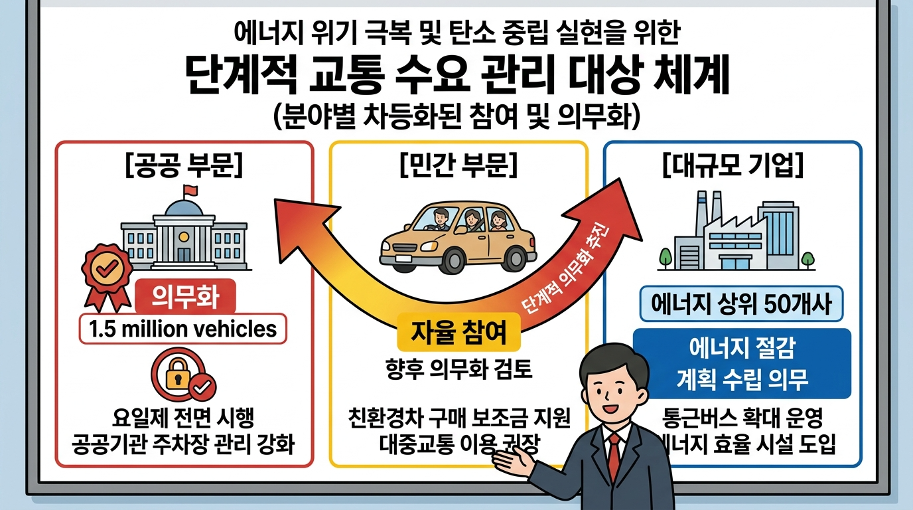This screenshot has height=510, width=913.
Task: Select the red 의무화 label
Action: (186, 297)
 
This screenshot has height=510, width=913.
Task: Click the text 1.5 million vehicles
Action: (182, 329)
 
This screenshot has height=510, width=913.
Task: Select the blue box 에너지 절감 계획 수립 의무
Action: (742, 363)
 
